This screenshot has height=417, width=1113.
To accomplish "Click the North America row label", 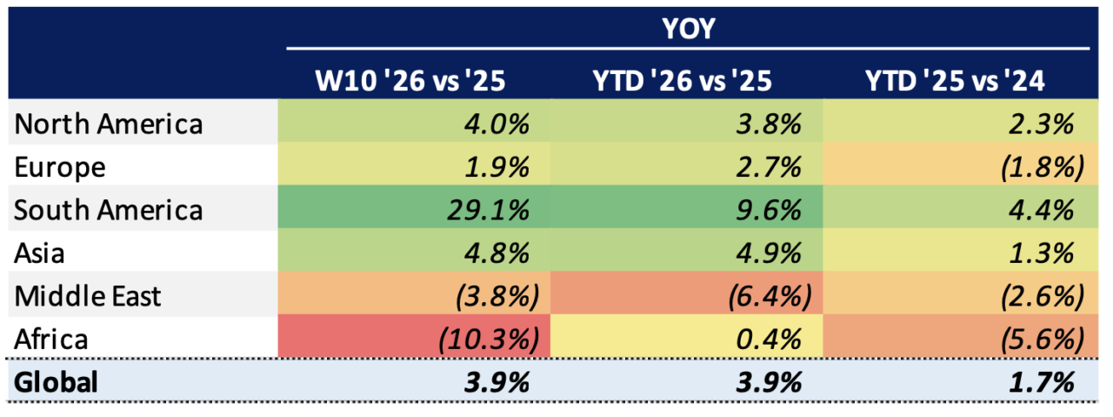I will coord(109,124).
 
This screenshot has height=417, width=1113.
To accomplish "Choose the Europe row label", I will coord(60,166).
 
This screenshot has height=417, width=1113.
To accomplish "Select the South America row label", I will coord(109,210).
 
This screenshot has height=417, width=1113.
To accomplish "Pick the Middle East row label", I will coord(88,296).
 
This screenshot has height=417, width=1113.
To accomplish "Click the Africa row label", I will coord(51,339).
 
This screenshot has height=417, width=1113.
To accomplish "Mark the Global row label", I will coord(57,381).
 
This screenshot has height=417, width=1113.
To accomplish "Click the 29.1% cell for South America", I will coord(491,210).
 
